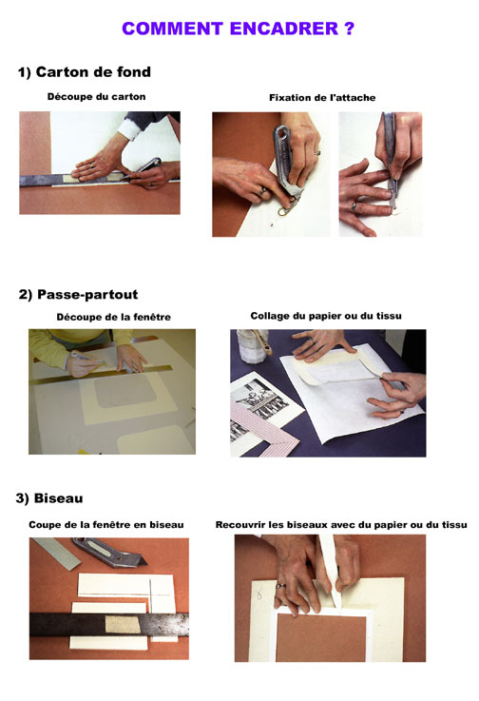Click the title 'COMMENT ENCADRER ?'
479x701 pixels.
[239, 29]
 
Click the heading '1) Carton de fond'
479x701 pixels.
[85, 72]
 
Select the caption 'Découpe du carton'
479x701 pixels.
[97, 97]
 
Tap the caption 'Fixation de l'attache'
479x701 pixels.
[322, 97]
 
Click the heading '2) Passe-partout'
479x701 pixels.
[79, 295]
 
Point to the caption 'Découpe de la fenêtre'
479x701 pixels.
[113, 317]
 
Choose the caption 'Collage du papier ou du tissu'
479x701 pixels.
[326, 316]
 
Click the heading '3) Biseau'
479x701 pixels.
[49, 498]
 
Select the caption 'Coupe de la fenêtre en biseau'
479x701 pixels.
[106, 525]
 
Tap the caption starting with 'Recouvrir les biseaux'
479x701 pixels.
[341, 525]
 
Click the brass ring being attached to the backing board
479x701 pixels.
[284, 211]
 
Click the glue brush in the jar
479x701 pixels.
[262, 342]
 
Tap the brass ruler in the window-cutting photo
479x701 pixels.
[102, 374]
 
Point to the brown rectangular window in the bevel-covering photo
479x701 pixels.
[321, 637]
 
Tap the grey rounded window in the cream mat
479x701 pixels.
[125, 390]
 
